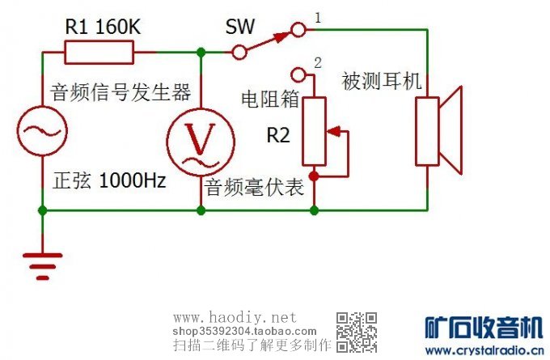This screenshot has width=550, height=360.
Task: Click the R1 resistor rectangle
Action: pos(99,53)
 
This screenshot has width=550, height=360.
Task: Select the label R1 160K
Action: pos(103,26)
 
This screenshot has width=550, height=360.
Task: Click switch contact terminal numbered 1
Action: pos(298,31)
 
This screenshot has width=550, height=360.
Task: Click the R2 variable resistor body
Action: pos(314,131)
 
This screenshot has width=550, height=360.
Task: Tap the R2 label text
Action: pos(277,135)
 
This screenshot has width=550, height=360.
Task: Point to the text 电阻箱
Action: pos(270,99)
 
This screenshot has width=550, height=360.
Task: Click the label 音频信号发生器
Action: pos(120,87)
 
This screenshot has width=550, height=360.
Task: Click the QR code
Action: pos(357,332)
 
